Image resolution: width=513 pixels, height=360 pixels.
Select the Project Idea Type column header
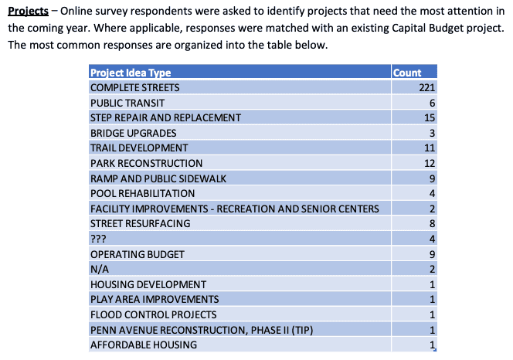point(131,73)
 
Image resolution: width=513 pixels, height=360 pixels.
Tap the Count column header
point(407,73)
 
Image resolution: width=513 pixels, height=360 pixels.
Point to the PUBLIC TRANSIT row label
point(127,103)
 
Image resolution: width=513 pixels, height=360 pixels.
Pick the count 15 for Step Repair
point(431,117)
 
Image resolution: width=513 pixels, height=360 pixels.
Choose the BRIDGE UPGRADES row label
point(134,133)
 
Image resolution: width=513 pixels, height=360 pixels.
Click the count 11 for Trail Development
point(431,148)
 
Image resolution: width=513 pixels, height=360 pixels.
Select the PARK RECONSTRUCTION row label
point(147,163)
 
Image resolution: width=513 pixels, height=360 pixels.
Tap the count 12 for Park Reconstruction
point(431,163)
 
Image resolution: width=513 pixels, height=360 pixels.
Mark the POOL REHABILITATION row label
point(143,193)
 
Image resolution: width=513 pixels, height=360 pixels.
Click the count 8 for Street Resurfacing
point(434,223)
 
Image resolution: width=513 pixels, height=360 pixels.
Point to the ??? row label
point(98,239)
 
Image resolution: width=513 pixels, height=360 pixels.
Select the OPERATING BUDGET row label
point(138,254)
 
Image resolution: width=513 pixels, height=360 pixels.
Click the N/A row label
point(98,269)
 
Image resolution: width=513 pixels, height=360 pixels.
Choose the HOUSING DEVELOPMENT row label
point(148,284)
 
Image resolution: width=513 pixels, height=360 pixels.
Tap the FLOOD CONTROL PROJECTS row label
point(153,314)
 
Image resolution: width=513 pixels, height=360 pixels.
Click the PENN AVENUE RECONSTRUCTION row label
point(201,330)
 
